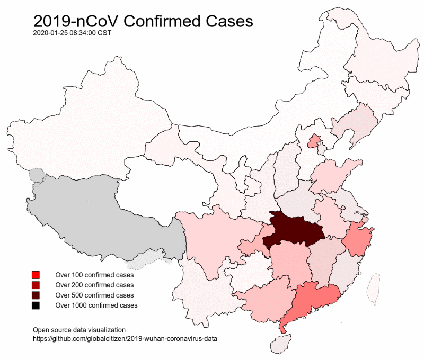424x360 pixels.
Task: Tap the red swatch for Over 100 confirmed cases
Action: (x=36, y=275)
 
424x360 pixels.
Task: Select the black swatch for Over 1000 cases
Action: (x=36, y=305)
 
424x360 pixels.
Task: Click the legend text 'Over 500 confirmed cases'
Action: (x=94, y=295)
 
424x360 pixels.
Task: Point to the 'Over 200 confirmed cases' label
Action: (x=94, y=285)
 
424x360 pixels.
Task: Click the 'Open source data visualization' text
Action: (x=79, y=329)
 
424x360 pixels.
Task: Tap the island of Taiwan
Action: (x=375, y=289)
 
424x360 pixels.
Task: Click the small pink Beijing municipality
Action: (x=314, y=141)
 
